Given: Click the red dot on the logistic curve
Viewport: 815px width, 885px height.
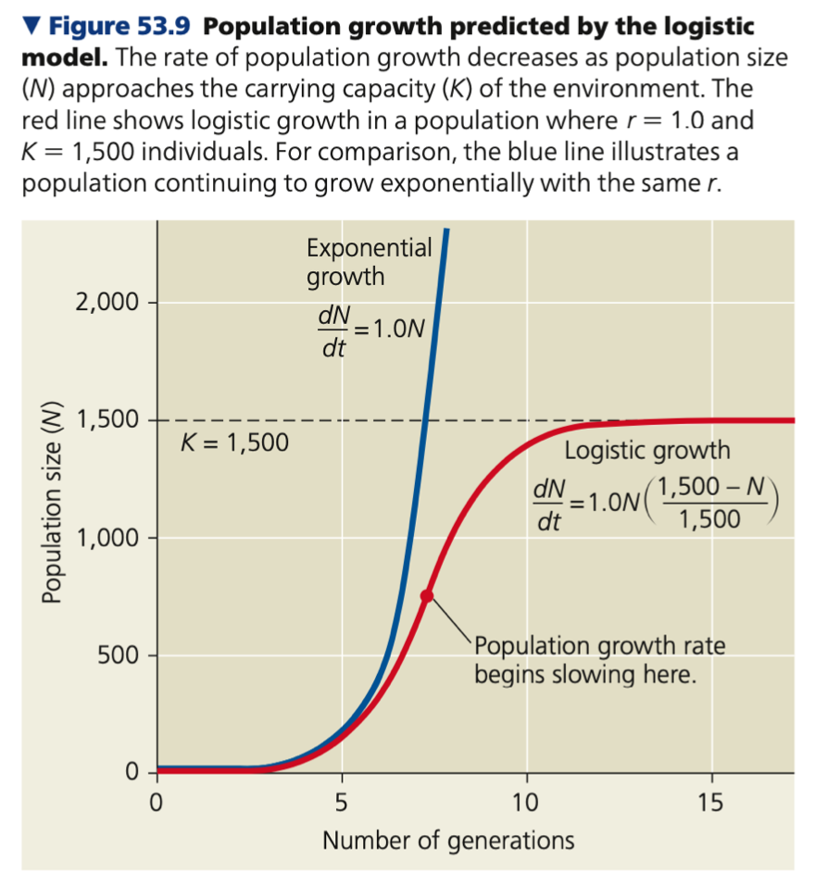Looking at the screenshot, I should point(427,596).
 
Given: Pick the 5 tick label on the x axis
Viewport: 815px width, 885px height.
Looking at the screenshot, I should point(341,801).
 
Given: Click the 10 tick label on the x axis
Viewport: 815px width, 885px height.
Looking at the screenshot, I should point(526,801).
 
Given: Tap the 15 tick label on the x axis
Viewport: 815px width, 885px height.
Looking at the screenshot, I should point(711,801).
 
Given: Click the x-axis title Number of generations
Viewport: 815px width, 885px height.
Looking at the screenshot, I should point(448,841).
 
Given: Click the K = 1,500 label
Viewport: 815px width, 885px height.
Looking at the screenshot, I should point(233,442).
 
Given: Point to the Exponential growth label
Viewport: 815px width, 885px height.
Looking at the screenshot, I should point(369,262).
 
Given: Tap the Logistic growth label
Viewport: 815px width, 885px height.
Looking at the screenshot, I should point(646,451).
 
